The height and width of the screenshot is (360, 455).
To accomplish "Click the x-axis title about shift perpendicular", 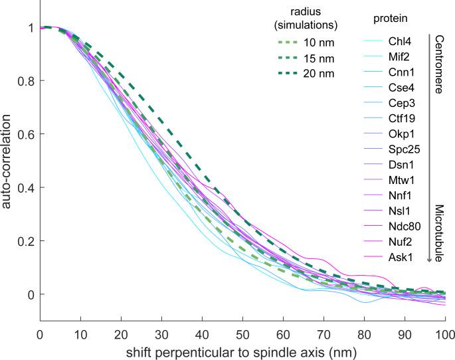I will coord(242,349).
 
